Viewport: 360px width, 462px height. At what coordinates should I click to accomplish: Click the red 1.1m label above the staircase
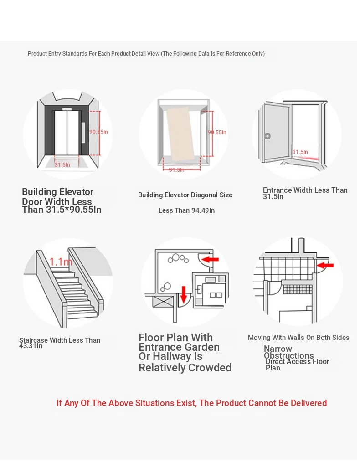[x=61, y=262]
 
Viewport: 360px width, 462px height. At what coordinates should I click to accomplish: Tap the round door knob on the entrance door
[x=268, y=136]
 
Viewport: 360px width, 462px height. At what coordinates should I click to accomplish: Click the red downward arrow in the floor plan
[x=184, y=294]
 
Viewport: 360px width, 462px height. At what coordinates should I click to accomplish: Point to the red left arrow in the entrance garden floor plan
[x=210, y=260]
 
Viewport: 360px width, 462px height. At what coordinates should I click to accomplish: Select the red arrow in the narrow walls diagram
[x=325, y=265]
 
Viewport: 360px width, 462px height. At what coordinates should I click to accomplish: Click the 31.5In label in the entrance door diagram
[x=300, y=152]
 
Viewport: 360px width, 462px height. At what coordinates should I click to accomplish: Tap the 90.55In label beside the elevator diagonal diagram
[x=217, y=133]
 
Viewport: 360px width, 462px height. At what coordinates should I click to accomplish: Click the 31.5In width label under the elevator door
[x=62, y=164]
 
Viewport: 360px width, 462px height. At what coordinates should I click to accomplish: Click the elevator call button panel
[x=83, y=132]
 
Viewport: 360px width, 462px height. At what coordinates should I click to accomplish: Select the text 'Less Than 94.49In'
[x=186, y=210]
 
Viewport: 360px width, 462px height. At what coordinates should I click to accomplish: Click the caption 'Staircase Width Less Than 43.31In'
[x=59, y=343]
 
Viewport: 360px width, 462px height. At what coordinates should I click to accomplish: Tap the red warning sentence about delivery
[x=191, y=403]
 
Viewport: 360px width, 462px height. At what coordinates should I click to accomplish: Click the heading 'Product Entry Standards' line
[x=146, y=54]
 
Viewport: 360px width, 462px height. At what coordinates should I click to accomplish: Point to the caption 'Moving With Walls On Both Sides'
[x=298, y=338]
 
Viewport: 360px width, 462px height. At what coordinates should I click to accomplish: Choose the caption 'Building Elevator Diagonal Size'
[x=185, y=195]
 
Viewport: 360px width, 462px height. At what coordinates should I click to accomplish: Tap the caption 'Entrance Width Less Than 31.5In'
[x=304, y=193]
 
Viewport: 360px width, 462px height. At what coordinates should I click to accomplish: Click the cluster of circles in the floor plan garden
[x=178, y=259]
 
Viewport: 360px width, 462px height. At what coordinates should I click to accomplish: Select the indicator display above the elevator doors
[x=67, y=109]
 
